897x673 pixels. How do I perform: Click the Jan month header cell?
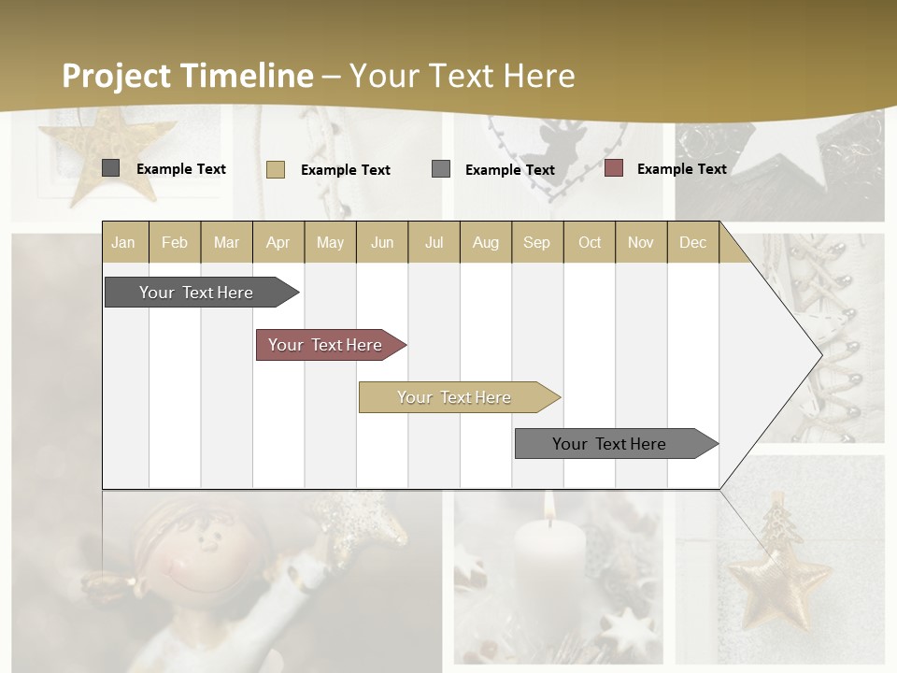pos(124,242)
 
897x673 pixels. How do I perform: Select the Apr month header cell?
pos(278,242)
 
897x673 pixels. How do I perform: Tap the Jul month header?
pos(434,242)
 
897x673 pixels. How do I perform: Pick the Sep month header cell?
pos(537,242)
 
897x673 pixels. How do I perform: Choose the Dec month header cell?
pos(692,242)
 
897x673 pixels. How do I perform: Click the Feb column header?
pos(175,242)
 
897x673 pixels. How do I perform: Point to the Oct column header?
pos(590,242)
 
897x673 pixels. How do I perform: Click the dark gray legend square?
pos(110,168)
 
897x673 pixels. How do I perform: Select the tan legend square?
pos(275,169)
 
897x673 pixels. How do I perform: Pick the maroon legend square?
pos(614,168)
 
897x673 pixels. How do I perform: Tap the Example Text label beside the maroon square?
pos(681,168)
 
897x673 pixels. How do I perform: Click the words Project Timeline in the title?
pos(188,76)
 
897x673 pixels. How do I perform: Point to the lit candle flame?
pos(548,505)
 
